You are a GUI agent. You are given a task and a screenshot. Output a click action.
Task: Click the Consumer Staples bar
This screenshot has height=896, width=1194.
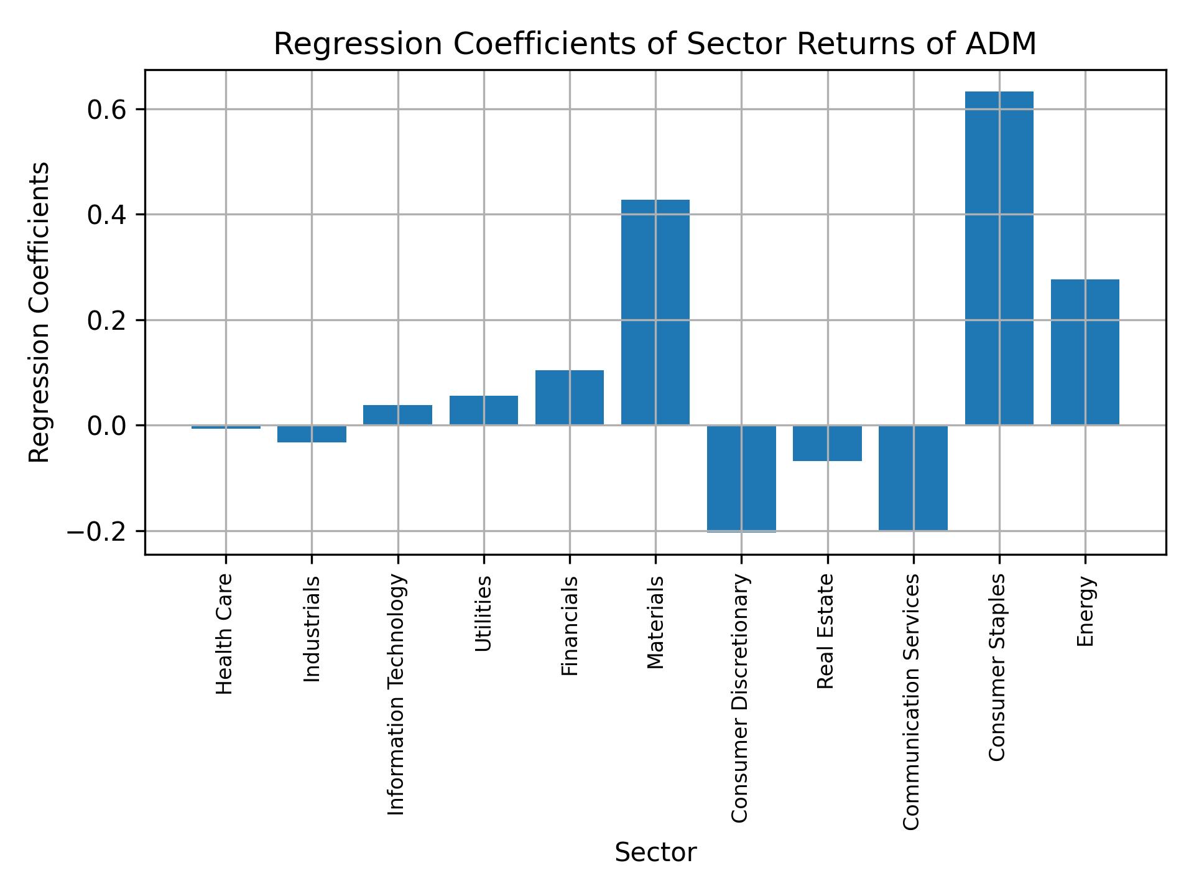(999, 258)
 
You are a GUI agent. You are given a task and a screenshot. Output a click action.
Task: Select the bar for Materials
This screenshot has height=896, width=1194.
(655, 312)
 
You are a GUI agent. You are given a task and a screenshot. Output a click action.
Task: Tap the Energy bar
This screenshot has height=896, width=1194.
(1085, 352)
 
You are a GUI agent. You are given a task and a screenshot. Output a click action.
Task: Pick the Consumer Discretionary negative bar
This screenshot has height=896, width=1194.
(741, 478)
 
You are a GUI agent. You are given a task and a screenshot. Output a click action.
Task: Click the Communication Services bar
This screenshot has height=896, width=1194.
(913, 478)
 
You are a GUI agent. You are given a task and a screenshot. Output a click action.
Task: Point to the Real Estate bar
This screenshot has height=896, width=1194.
(827, 443)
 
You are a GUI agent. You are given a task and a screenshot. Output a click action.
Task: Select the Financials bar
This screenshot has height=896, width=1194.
(569, 398)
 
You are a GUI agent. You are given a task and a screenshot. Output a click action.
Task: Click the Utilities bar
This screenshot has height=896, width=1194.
(483, 410)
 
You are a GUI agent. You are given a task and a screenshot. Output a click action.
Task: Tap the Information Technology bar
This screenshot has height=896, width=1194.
(397, 415)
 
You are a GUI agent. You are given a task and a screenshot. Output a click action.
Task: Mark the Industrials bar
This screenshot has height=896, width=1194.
(312, 434)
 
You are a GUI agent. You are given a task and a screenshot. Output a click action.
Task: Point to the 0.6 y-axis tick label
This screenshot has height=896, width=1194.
(107, 110)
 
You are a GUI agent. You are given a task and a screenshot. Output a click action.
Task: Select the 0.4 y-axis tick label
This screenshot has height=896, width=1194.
(107, 215)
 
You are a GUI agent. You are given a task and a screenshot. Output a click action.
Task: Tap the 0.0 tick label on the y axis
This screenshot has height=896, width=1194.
(107, 426)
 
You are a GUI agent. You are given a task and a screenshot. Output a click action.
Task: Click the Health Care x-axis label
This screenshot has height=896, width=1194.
(224, 633)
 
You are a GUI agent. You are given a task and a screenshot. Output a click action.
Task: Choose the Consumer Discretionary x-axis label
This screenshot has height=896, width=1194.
(740, 698)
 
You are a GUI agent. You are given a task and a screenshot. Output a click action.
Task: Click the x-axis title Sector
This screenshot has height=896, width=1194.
(655, 852)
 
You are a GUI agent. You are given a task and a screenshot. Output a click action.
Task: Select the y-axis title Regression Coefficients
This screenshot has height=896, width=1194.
(40, 312)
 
